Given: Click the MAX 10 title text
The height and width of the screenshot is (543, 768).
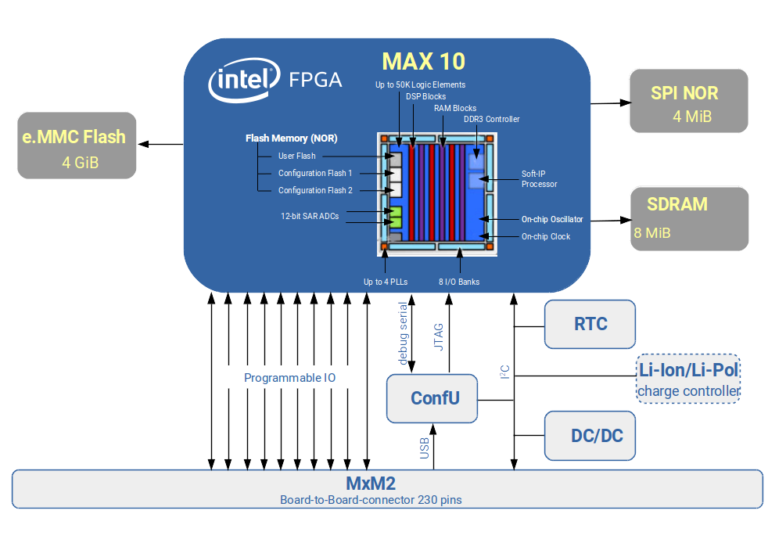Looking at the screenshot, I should pos(423,61).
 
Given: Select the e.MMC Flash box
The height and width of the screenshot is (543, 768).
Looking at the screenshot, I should pos(77,146).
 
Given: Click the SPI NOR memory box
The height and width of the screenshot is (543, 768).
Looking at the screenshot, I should pos(688,102).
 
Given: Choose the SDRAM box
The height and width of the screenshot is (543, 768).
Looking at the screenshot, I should pos(689,218).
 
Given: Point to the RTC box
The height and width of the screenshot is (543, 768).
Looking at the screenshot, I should pos(590,324).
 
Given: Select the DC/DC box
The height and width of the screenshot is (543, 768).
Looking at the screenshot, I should pos(590,436).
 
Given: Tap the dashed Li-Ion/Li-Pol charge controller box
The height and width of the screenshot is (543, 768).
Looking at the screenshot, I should pos(688,379).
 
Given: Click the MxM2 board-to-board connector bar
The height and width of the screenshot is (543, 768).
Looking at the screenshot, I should pos(387,489).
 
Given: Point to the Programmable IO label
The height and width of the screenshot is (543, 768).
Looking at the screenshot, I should pos(289,378).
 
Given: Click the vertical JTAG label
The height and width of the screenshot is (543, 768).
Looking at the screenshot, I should pos(439,336).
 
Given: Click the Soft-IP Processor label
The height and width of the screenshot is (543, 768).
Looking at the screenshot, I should pos(539,179).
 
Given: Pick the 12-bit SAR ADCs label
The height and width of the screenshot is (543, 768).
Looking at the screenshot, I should pos(310,216).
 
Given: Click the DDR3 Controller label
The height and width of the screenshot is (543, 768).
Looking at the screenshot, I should pos(491,120).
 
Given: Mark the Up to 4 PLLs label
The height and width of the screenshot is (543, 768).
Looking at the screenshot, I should pos(384,282).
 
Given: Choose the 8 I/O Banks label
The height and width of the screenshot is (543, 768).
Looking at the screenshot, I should pos(459,282).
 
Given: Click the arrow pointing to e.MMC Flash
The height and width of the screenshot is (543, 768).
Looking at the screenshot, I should pos(161,144).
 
